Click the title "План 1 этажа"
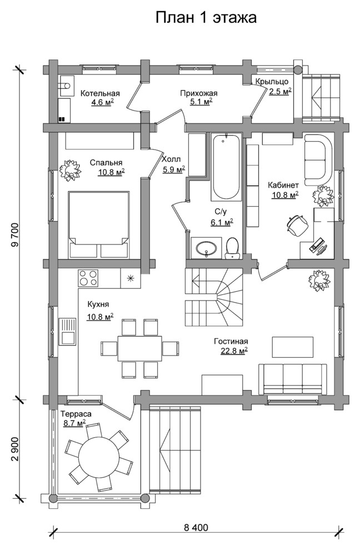[x=206, y=18]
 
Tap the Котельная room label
[x=100, y=93]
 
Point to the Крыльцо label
[x=272, y=82]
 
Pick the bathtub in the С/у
[x=227, y=167]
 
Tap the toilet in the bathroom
[x=232, y=248]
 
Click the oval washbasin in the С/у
[x=206, y=248]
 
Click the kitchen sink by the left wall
[x=67, y=332]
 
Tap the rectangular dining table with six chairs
[x=140, y=348]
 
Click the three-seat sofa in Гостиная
[x=293, y=379]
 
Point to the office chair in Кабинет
[x=297, y=224]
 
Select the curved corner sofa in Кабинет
[x=318, y=160]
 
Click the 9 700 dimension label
[x=15, y=235]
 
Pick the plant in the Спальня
[x=70, y=170]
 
